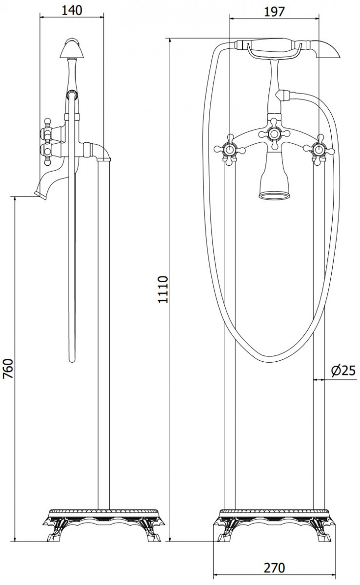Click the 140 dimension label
click(x=72, y=10)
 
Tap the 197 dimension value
click(x=274, y=12)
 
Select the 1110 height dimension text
click(x=162, y=290)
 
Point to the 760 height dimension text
click(x=8, y=369)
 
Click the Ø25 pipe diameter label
click(x=343, y=370)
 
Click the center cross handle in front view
click(x=274, y=134)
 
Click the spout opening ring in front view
click(x=274, y=195)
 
